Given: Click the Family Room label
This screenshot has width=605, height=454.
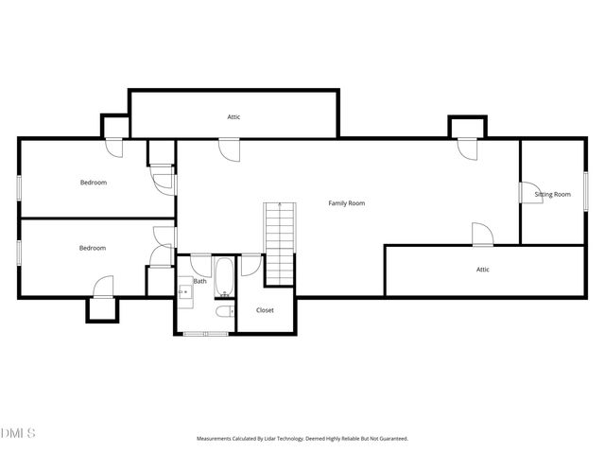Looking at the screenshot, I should point(346,203).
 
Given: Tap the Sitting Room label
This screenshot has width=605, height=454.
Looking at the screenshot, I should point(552,195).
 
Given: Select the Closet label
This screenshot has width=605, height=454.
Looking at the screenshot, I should point(265,310).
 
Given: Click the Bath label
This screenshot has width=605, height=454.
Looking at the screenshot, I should point(200,281).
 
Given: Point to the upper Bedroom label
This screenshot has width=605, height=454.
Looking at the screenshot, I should point(93,183).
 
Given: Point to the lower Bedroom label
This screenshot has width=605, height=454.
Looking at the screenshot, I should point(92,248).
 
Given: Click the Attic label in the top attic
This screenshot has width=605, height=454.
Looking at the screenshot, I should point(233,117).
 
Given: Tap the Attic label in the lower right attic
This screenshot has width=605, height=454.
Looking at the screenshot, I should point(482,270).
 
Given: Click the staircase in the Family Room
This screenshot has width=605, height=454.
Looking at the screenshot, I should point(279,241).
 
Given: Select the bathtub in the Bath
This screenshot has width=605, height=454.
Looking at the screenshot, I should point(225,275).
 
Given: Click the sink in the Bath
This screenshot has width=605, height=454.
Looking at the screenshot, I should point(185,292).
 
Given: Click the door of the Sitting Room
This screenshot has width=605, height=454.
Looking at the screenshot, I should point(529,191).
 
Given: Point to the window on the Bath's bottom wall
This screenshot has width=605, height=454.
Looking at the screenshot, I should point(205,334).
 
